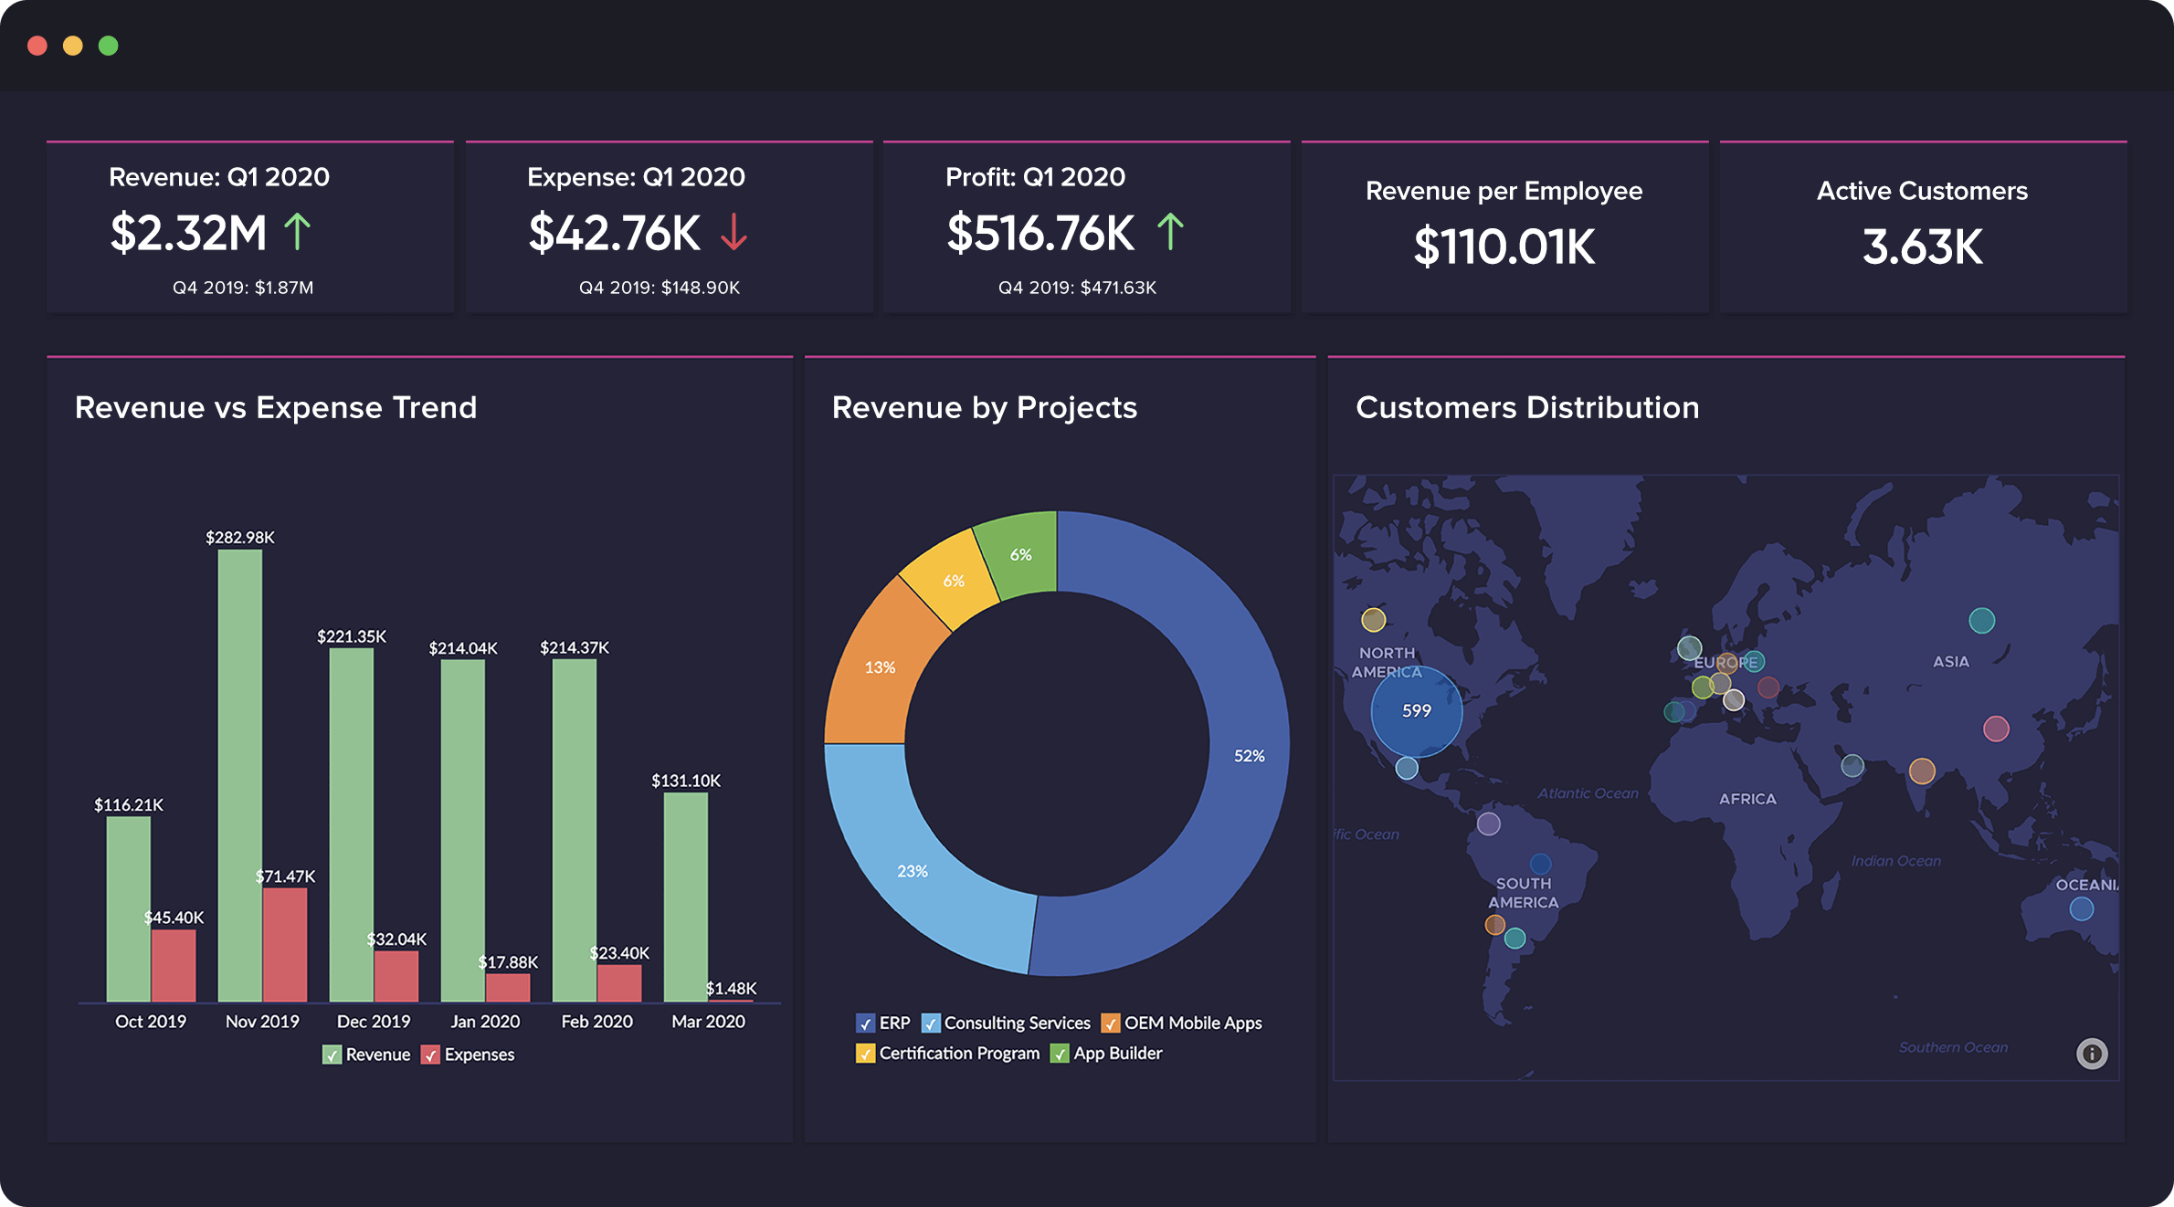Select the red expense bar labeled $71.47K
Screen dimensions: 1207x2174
[x=285, y=945]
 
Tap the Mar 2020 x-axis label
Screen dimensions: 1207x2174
[x=708, y=1022]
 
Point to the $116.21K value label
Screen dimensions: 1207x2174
[x=129, y=805]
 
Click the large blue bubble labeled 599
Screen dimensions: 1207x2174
[x=1416, y=711]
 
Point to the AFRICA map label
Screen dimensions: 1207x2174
[x=1747, y=799]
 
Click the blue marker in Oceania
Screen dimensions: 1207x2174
[x=2081, y=909]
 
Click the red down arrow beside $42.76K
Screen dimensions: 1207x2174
[x=733, y=232]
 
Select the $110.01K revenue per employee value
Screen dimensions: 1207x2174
[x=1504, y=247]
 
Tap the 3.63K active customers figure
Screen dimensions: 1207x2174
[x=1922, y=247]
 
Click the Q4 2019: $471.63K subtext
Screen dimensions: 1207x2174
[x=1077, y=288]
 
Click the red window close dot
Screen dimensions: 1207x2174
[x=37, y=46]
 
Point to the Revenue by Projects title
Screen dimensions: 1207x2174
[x=984, y=407]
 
